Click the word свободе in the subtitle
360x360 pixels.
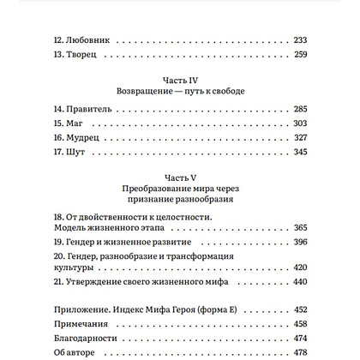[x=224, y=92]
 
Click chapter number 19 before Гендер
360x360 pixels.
[x=58, y=242]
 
